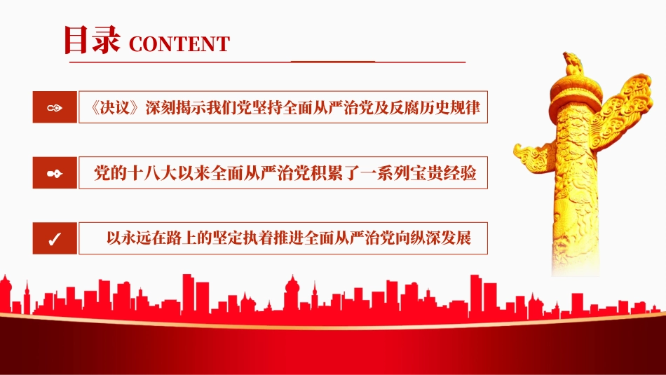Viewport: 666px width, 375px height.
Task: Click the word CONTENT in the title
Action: coord(179,44)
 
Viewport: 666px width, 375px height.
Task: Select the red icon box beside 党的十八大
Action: coord(55,173)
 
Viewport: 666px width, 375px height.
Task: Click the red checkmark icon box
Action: coord(55,238)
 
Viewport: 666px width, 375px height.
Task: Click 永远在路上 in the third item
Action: coord(152,238)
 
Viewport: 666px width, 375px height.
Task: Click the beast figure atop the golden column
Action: coord(573,64)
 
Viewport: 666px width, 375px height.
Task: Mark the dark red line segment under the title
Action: coord(332,62)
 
